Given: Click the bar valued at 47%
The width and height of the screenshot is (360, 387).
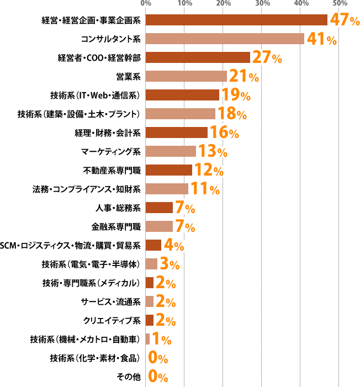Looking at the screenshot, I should pyautogui.click(x=236, y=20).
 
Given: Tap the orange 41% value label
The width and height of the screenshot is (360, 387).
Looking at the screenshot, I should pyautogui.click(x=321, y=39).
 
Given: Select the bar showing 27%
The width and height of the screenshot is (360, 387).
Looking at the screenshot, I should pyautogui.click(x=198, y=57).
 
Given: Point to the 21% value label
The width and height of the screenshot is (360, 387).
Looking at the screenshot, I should pyautogui.click(x=243, y=77).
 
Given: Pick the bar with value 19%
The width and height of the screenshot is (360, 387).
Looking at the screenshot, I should pyautogui.click(x=182, y=95).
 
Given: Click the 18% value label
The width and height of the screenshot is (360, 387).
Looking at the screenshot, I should pyautogui.click(x=232, y=114).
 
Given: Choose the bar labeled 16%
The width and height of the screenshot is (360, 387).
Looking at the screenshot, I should pyautogui.click(x=176, y=132).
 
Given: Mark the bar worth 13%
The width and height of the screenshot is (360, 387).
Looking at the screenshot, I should pyautogui.click(x=171, y=151).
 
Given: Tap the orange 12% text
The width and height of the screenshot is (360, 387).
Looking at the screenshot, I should pyautogui.click(x=209, y=171).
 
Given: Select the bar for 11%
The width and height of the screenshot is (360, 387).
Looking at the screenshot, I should pyautogui.click(x=167, y=189).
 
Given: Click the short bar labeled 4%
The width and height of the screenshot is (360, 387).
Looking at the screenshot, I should pyautogui.click(x=153, y=245).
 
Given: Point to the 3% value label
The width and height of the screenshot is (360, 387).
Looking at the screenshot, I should pyautogui.click(x=170, y=264).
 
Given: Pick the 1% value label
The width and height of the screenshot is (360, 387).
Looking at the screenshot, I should pyautogui.click(x=161, y=339).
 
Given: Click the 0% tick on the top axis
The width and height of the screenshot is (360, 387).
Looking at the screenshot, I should pyautogui.click(x=146, y=4).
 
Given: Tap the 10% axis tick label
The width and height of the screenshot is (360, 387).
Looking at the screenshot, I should pyautogui.click(x=184, y=4).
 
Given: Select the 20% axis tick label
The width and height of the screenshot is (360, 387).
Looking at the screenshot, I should pyautogui.click(x=223, y=4).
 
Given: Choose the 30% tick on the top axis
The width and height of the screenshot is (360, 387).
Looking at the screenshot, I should pyautogui.click(x=262, y=4).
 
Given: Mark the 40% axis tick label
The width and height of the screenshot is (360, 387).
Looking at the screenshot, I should pyautogui.click(x=301, y=4).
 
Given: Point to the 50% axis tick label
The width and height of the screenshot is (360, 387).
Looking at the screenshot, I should pyautogui.click(x=340, y=4).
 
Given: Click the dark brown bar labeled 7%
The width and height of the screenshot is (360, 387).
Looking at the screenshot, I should pyautogui.click(x=159, y=208).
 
